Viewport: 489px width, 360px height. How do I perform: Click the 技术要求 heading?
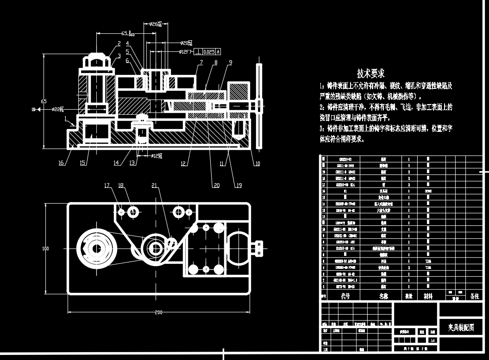pos(370,74)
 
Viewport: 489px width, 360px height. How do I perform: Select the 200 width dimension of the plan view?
pos(159,313)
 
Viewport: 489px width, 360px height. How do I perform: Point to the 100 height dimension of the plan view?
pos(45,248)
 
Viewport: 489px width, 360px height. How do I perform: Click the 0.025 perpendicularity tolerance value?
pos(209,52)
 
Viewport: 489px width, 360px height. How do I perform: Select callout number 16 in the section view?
pos(61,163)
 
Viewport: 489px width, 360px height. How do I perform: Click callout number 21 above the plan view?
pos(154,186)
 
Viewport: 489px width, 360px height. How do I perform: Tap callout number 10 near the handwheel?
pos(257,163)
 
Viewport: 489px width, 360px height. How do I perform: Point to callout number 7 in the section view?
pos(201,62)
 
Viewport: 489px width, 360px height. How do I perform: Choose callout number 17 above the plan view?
pos(107,186)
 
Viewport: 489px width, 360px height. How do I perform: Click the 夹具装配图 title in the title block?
pos(461,328)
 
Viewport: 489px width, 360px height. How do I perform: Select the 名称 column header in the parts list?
pos(384,296)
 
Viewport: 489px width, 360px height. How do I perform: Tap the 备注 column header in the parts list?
pos(474,296)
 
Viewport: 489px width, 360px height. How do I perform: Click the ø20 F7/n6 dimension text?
pos(190,43)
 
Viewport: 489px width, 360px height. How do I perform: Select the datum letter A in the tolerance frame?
pos(218,52)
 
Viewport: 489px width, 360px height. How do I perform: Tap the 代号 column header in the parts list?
pos(345,296)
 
